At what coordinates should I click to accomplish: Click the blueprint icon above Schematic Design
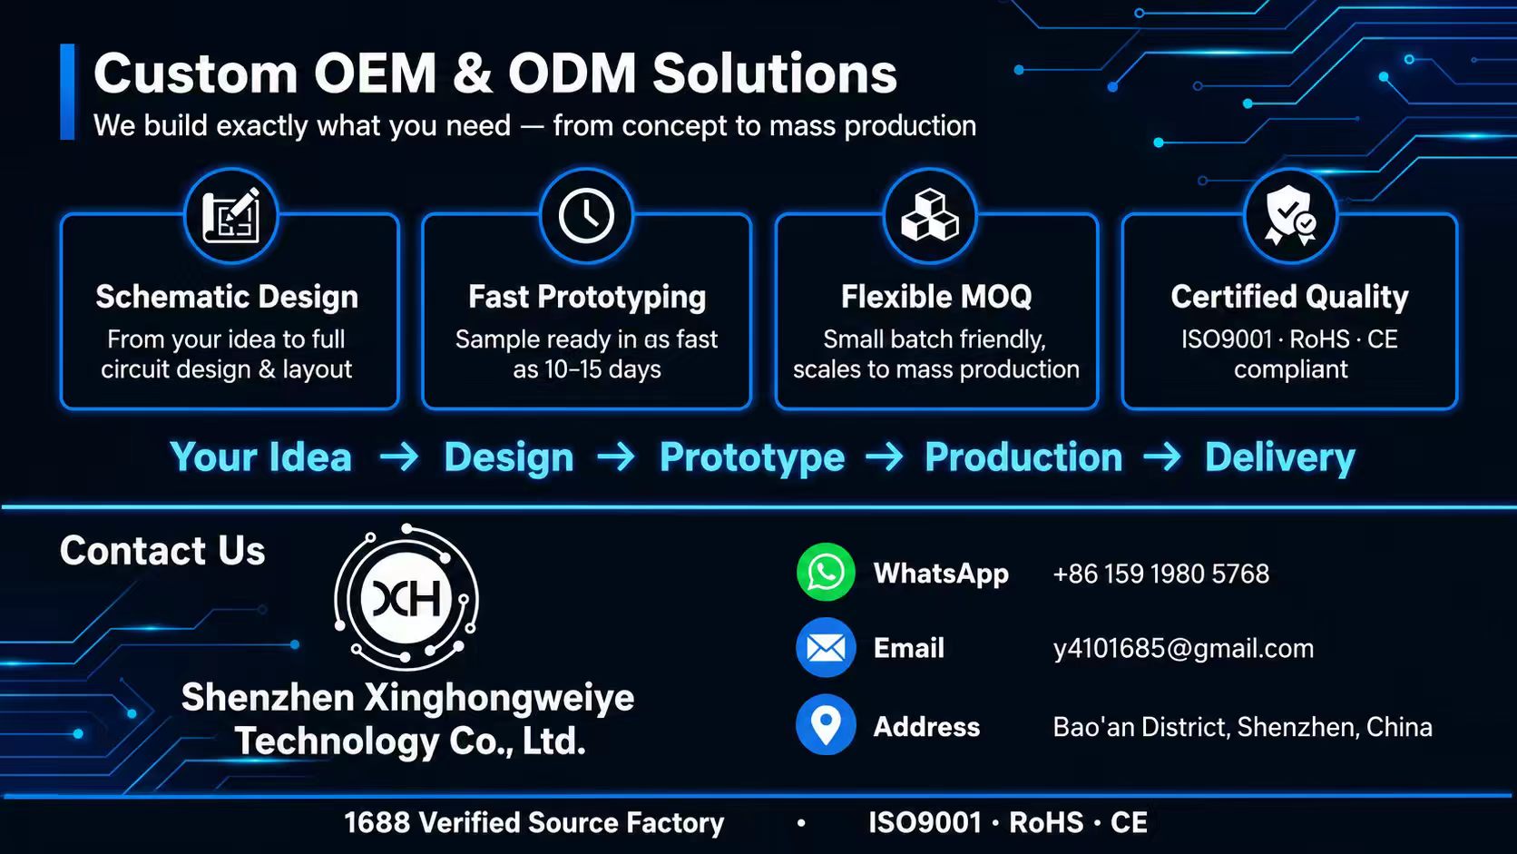tap(231, 215)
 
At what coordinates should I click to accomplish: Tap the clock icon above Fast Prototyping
tap(586, 216)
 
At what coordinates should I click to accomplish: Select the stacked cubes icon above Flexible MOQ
tap(930, 215)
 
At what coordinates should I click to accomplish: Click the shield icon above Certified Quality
tap(1290, 215)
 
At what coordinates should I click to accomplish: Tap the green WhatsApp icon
tap(826, 573)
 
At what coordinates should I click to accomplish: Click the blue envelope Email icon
tap(826, 647)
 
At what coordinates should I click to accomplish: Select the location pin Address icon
tap(826, 724)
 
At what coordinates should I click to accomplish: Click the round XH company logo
tap(406, 597)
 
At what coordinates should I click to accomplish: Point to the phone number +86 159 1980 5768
tap(1160, 574)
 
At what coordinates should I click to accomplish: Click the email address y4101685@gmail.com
tap(1183, 649)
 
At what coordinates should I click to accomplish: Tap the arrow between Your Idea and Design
tap(399, 456)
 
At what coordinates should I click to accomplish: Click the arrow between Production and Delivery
tap(1162, 456)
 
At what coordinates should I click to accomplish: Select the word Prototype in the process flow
tap(752, 457)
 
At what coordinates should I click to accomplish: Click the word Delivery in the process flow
tap(1280, 457)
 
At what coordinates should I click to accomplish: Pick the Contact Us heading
tap(162, 550)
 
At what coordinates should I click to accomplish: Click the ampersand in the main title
tap(472, 74)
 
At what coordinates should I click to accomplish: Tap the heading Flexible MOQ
tap(936, 297)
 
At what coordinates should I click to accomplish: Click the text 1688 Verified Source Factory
tap(533, 823)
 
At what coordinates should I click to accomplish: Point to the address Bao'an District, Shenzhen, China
tap(1243, 727)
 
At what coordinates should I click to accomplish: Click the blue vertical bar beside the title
tap(67, 92)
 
